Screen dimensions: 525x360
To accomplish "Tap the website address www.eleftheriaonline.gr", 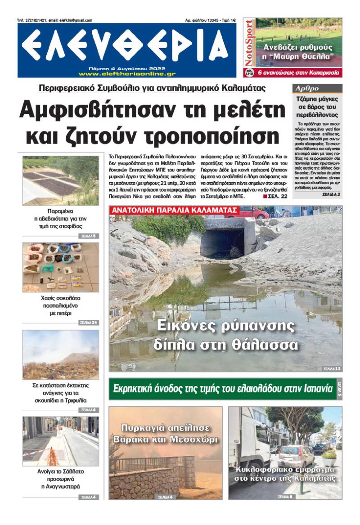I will tap(127, 73).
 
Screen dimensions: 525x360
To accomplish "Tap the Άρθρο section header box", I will tap(317, 88).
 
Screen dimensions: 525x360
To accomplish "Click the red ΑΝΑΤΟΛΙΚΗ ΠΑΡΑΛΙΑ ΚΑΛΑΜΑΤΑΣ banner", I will tap(175, 210).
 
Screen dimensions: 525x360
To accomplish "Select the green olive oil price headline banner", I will tap(222, 389).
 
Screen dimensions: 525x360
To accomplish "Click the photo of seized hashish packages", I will tap(60, 268).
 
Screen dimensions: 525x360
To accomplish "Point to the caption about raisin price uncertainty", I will tap(60, 218).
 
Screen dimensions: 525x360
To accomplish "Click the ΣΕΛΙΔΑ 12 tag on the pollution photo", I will tap(332, 368).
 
